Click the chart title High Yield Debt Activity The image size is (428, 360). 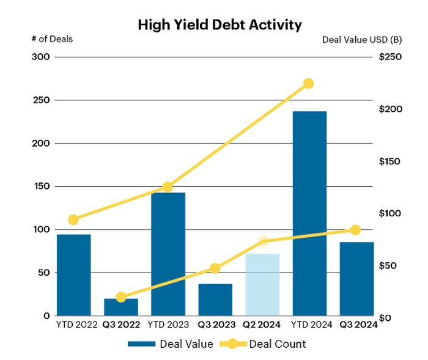coord(220,25)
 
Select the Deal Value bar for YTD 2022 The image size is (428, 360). coord(73,275)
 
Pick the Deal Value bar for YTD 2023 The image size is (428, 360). coord(168,254)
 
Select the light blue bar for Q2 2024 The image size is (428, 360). coord(262,284)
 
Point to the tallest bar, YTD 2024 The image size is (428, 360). coord(309,214)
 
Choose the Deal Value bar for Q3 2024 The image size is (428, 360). coord(356,279)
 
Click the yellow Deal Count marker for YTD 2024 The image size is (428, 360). coord(309,83)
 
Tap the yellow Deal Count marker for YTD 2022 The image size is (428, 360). coord(73,219)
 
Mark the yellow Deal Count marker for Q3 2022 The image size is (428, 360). coord(120,297)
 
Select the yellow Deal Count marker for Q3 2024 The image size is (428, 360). coord(356,230)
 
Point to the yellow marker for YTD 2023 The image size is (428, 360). coord(168,187)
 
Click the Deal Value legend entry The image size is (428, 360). coord(171,344)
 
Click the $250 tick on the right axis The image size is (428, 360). coord(389,57)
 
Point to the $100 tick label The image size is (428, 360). coord(389,213)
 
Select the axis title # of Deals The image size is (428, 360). coord(52,39)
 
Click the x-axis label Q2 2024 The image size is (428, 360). coord(262,324)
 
